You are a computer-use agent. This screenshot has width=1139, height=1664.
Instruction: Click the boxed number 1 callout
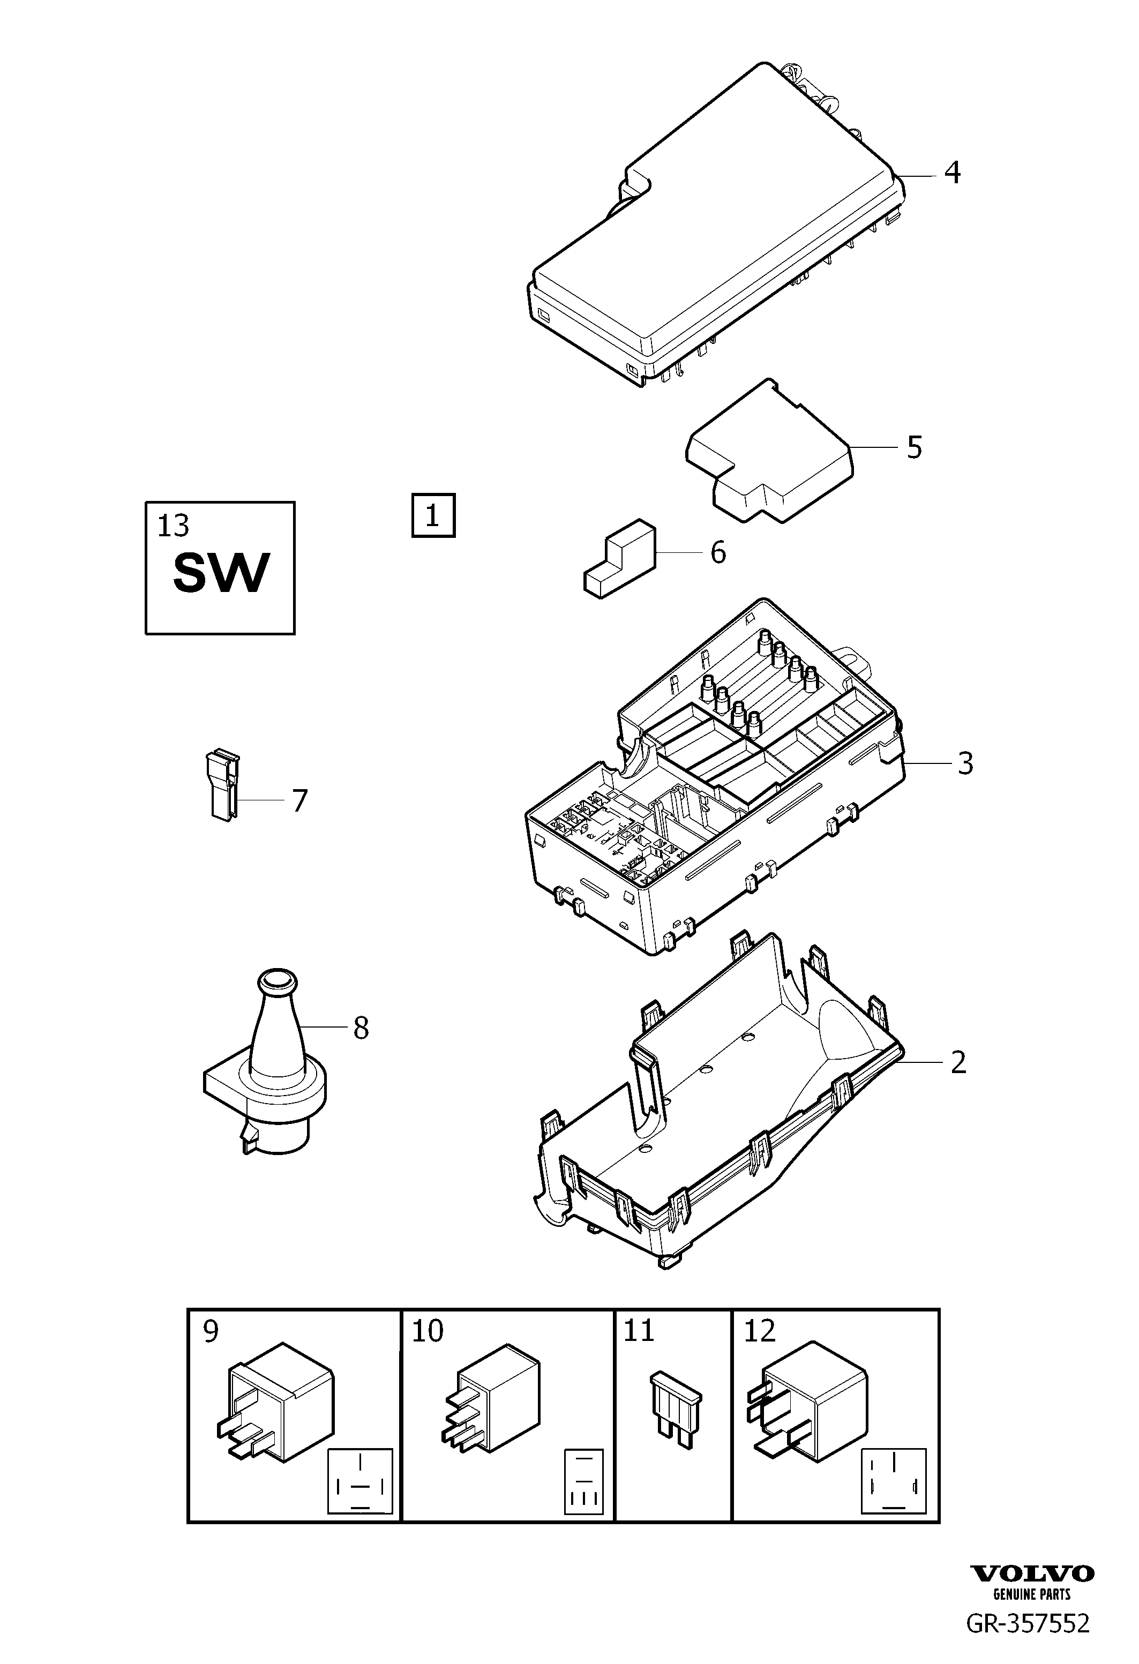point(433,515)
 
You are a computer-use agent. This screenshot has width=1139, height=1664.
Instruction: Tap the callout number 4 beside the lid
point(951,173)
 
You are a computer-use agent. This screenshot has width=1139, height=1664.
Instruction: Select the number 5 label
point(914,447)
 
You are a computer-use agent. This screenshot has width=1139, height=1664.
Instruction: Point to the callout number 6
point(718,553)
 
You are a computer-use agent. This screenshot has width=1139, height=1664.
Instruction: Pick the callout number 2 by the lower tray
point(958,1062)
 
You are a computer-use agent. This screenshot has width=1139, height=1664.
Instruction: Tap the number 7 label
point(300,800)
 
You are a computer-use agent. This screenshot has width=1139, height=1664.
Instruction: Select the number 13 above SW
point(173,526)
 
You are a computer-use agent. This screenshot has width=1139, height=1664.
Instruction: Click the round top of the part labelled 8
point(276,980)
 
